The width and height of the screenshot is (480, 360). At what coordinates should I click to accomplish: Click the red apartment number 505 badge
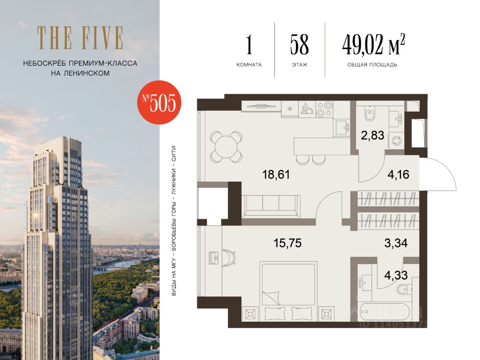[x=159, y=102]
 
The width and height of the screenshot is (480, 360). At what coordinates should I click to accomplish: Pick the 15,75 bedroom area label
[x=288, y=243]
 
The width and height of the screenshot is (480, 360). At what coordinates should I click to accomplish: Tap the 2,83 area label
[x=372, y=135]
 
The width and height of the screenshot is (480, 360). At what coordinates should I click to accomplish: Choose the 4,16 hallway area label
[x=398, y=175]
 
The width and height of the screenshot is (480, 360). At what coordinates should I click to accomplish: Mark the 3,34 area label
[x=396, y=243]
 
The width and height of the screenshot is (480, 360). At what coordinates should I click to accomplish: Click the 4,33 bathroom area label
[x=396, y=275]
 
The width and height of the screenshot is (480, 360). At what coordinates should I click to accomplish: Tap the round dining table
[x=226, y=147]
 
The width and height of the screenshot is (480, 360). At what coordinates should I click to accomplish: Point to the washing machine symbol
[x=396, y=141]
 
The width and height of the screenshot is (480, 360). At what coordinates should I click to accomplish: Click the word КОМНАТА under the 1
[x=249, y=65]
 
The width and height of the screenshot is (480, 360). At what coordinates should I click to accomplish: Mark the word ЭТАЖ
[x=299, y=65]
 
